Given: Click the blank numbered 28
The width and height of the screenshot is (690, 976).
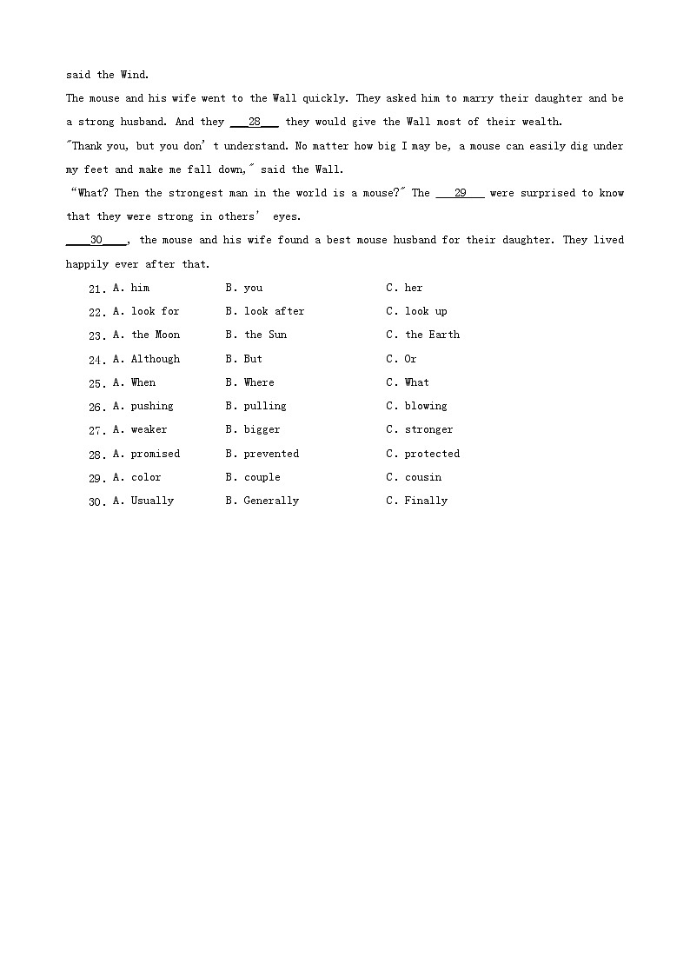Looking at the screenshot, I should pos(254,123).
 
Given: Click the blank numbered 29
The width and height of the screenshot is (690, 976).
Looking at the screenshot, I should pos(460,193).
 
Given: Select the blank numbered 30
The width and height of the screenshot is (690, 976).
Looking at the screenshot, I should pos(96,241).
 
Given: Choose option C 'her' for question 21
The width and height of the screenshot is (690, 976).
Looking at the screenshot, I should pos(413,288).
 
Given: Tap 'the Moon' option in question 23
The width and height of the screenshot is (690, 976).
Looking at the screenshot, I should pos(156,335).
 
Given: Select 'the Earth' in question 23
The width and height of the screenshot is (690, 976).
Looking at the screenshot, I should pos(432,335).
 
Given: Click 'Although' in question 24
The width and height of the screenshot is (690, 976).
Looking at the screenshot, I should pos(156,359).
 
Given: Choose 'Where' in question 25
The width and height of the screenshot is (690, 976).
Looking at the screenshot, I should pos(259,382).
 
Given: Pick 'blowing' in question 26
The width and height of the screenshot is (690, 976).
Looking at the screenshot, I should pos(426,406).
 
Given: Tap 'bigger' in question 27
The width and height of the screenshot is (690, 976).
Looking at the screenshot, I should pos(262,429).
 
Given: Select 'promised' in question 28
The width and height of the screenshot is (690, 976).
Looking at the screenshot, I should pos(156,454).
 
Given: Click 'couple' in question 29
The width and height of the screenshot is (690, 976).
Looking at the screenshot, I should pos(262,477).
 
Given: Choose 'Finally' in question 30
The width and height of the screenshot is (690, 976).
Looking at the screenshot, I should pos(426,501).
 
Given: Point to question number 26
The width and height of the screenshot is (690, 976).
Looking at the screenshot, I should pos(96,407).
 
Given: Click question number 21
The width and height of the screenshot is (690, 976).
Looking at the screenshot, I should pos(96,289).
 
